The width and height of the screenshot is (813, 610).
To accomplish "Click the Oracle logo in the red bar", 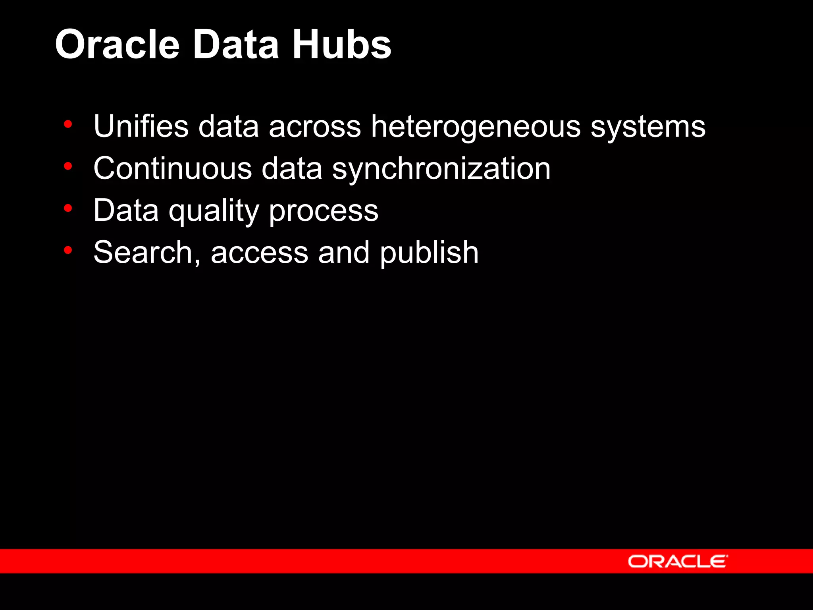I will pos(678,561).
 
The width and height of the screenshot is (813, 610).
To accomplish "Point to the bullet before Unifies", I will pos(68,124).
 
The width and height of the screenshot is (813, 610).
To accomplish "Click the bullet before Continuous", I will pos(68,166).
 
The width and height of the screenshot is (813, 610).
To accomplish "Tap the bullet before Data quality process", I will pos(68,208).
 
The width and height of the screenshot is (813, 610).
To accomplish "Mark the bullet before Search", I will pos(68,250).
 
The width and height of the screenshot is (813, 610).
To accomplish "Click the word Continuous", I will pos(173,168).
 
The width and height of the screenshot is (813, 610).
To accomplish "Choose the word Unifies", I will pos(141,126).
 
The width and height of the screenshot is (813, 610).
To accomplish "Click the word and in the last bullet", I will pos(344,253).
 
